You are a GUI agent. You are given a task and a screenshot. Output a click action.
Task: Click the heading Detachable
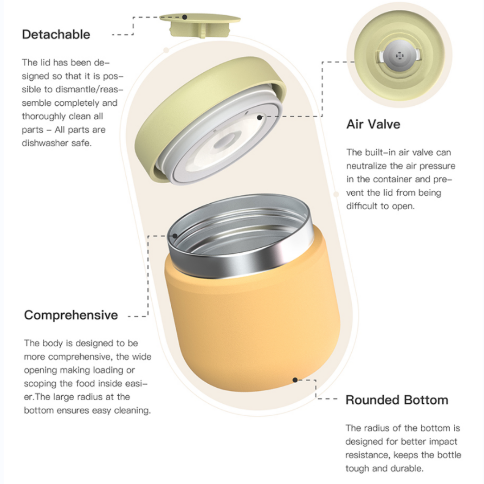coord(56,34)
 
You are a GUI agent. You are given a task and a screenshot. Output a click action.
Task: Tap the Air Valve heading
coord(373,124)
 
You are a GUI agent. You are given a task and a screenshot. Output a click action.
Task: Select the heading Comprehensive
coord(71,315)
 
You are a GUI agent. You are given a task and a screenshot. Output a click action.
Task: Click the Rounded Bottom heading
coord(397,400)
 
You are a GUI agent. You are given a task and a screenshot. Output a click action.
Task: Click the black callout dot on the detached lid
coord(185,17)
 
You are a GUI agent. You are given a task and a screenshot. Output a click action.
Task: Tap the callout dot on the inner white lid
coord(260,117)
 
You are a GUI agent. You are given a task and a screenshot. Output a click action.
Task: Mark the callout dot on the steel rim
coord(175,236)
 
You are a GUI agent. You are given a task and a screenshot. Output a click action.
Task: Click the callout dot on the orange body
coord(295,380)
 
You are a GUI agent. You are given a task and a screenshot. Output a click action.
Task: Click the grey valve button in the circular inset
coord(399,55)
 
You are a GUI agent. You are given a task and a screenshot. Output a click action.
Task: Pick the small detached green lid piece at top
coord(200,25)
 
